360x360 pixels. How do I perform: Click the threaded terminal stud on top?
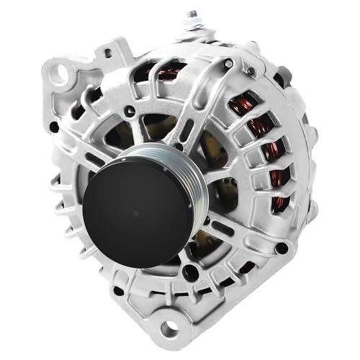pos(193,15)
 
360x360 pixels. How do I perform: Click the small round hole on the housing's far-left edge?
pos(54,127)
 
